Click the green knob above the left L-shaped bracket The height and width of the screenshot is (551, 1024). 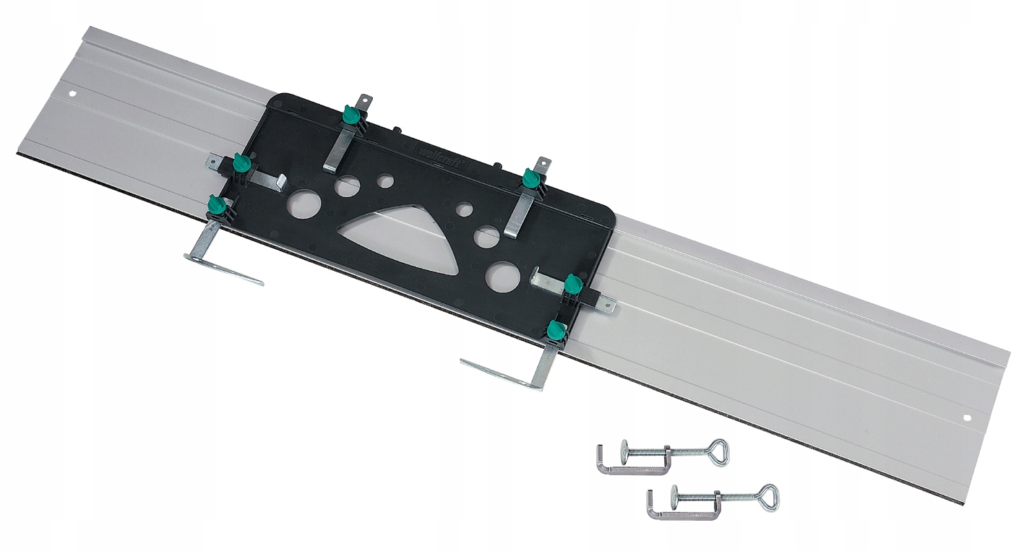(x=215, y=205)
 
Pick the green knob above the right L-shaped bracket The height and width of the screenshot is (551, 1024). (x=556, y=330)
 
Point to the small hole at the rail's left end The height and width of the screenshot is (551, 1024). (x=73, y=94)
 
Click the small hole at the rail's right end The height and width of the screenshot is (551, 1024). (x=968, y=417)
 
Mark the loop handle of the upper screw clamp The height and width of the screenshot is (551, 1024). (x=718, y=452)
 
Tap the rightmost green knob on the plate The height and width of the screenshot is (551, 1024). (x=573, y=283)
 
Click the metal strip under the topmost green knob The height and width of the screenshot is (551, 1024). (x=339, y=148)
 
